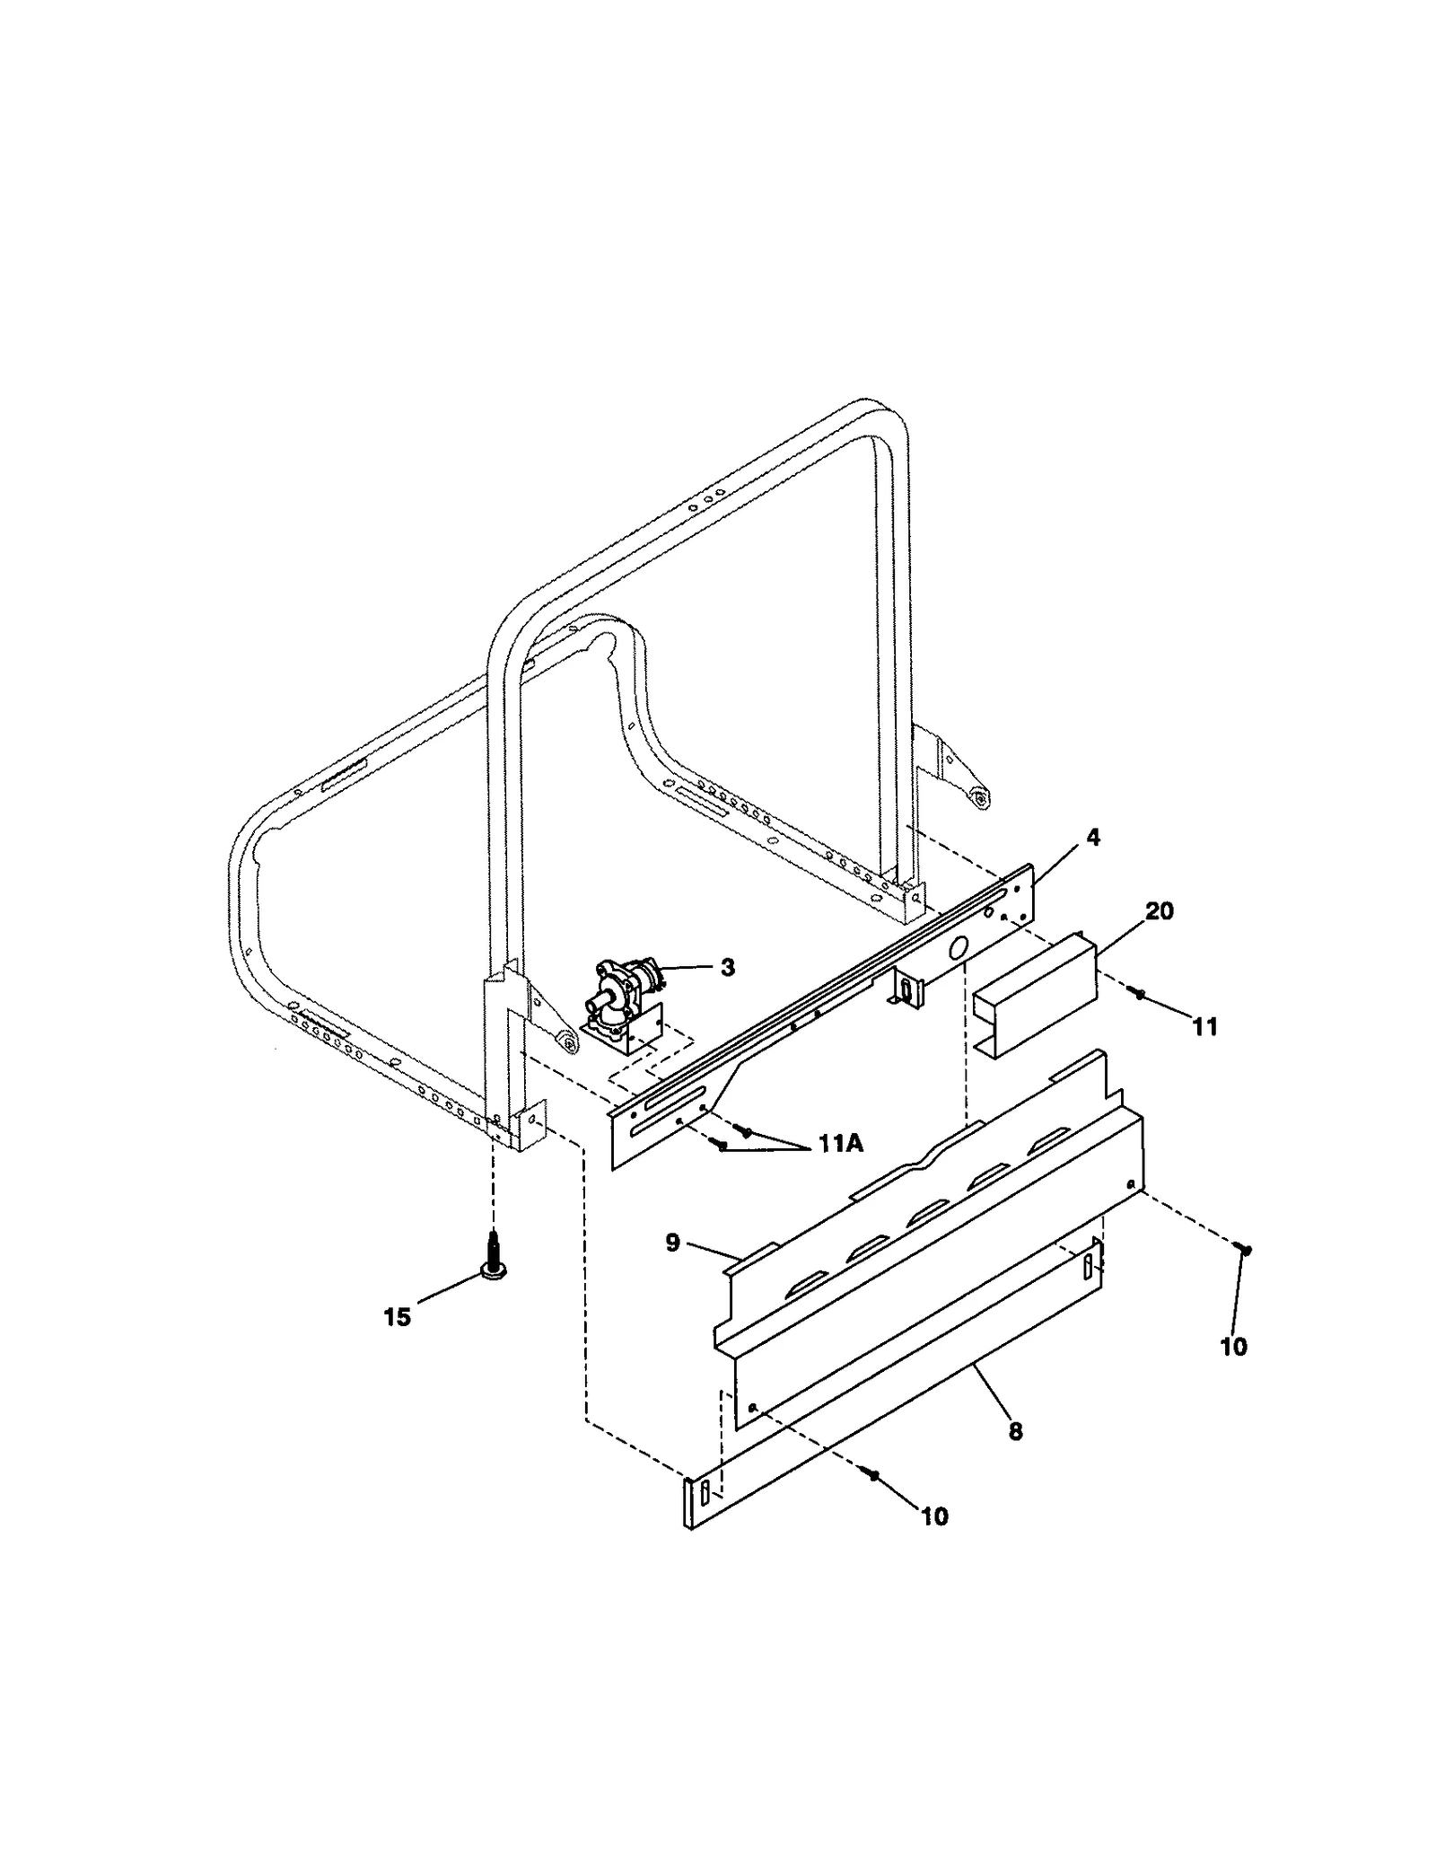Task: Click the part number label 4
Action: pyautogui.click(x=1091, y=837)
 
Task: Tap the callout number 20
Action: pyautogui.click(x=1159, y=911)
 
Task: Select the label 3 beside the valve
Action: pyautogui.click(x=727, y=967)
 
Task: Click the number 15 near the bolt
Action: pyautogui.click(x=397, y=1317)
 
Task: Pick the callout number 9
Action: pyautogui.click(x=672, y=1243)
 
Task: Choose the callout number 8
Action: pyautogui.click(x=1015, y=1430)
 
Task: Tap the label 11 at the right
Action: pyautogui.click(x=1204, y=1026)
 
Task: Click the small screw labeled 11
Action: pyautogui.click(x=1140, y=995)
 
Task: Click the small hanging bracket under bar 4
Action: pyautogui.click(x=906, y=989)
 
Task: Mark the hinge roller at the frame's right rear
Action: pyautogui.click(x=980, y=795)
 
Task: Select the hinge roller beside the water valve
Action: pyautogui.click(x=566, y=1041)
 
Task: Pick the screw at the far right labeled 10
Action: pyautogui.click(x=1243, y=1248)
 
